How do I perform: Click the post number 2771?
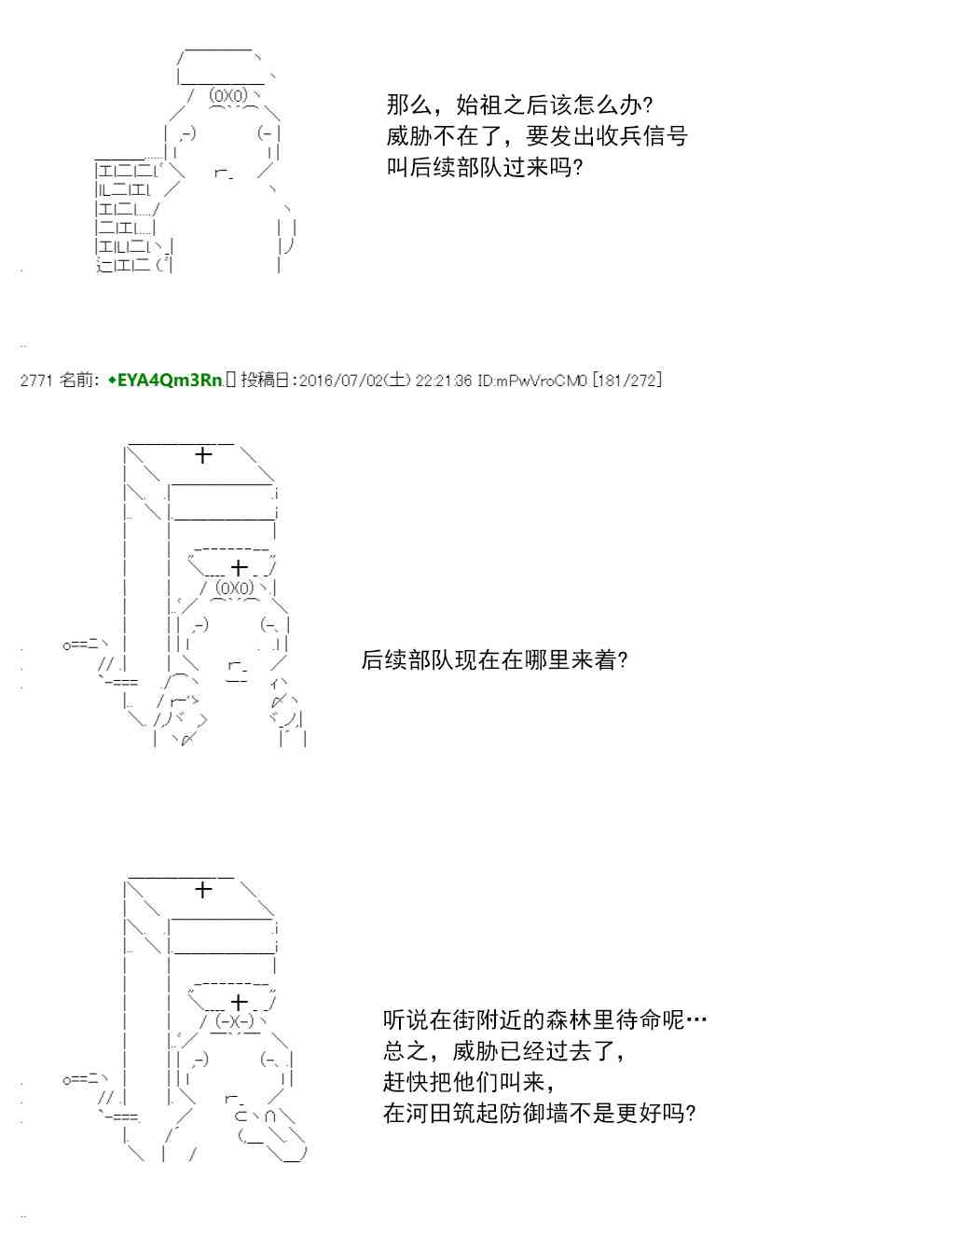pos(35,381)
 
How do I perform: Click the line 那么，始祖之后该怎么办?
pos(519,104)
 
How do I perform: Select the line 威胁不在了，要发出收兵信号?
pos(537,136)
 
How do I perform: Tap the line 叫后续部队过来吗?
pos(484,168)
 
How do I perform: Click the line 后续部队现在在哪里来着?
pos(494,660)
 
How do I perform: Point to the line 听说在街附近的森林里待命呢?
pos(544,1019)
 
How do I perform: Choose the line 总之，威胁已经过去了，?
pos(504,1051)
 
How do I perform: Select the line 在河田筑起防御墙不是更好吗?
pos(539,1113)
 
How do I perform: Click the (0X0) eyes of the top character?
pos(228,96)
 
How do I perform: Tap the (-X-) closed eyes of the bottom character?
pos(233,1021)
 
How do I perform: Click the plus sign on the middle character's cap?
pos(240,567)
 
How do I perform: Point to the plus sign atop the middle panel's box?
pos(203,455)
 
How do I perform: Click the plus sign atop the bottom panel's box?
pos(203,890)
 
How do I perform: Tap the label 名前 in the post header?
pos(76,381)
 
